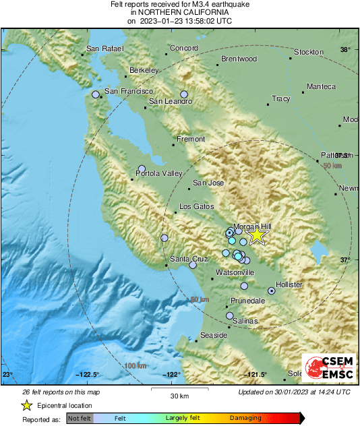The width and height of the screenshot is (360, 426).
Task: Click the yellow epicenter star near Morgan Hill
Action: click(x=257, y=235)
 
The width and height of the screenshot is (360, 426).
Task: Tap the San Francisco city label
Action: click(x=129, y=91)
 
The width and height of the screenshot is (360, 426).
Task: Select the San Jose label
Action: click(x=208, y=183)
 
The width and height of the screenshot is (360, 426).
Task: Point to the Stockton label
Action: click(x=309, y=52)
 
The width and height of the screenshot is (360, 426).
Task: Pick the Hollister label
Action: click(x=289, y=285)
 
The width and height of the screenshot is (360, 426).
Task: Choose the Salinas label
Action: click(x=245, y=322)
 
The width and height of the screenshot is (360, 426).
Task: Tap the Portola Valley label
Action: click(x=159, y=173)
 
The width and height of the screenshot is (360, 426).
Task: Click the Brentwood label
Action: click(x=239, y=59)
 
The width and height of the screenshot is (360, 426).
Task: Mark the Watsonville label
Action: click(x=235, y=272)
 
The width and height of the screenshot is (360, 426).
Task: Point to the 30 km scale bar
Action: click(x=179, y=390)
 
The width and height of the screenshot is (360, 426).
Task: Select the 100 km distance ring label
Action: click(x=136, y=365)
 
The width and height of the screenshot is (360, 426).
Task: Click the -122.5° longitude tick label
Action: click(x=88, y=375)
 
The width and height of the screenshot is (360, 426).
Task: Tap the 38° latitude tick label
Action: click(x=345, y=50)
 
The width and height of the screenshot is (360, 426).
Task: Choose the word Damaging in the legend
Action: click(x=245, y=418)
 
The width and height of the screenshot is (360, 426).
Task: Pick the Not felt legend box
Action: click(x=78, y=419)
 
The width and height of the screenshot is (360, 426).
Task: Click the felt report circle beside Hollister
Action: click(x=272, y=291)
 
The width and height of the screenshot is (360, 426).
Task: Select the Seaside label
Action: click(x=215, y=335)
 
